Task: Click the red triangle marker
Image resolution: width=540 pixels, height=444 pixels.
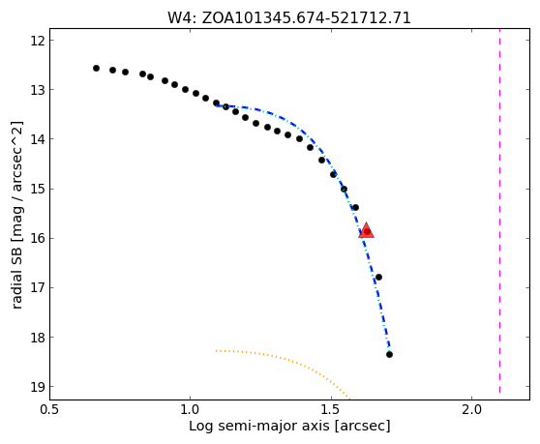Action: click(x=366, y=230)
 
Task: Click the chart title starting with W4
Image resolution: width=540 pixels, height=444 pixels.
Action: click(x=289, y=17)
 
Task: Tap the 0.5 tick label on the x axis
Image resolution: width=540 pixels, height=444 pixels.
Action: click(x=49, y=410)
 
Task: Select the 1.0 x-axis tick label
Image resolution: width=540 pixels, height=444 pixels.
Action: click(x=191, y=410)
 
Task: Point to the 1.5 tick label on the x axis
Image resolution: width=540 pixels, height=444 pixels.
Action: click(x=331, y=410)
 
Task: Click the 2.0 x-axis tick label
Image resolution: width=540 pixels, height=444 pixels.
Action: click(x=472, y=410)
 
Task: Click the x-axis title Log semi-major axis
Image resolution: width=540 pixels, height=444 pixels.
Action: click(x=289, y=426)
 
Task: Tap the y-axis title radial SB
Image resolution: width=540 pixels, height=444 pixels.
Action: click(x=16, y=215)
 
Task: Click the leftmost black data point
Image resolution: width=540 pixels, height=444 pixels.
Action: click(x=96, y=68)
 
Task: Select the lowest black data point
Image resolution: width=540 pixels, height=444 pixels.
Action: click(x=389, y=354)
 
